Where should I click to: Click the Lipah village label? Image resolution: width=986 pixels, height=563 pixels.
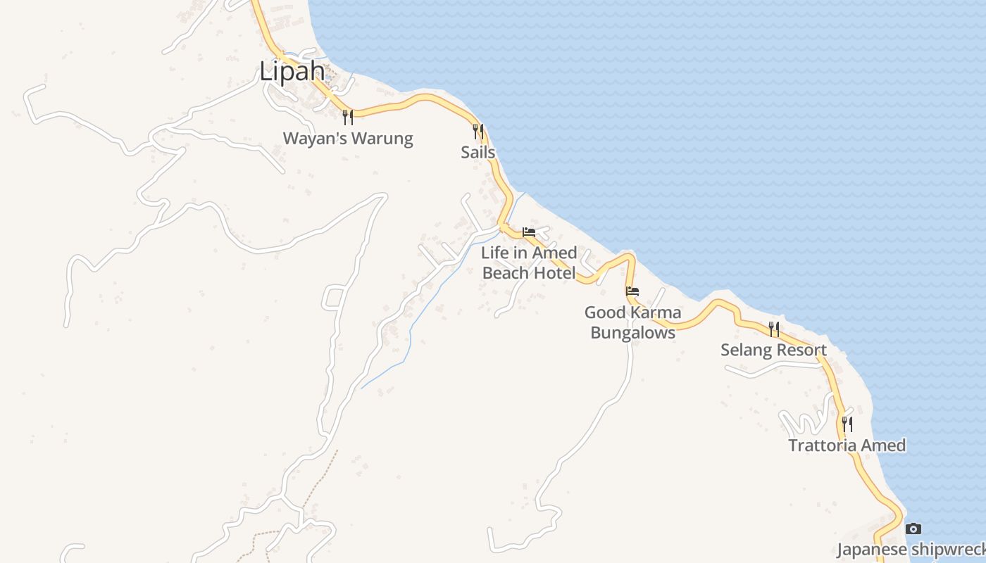click(292, 72)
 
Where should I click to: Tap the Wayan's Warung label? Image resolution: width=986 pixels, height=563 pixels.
click(348, 138)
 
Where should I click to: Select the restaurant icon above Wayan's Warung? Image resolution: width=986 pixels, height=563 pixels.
click(347, 117)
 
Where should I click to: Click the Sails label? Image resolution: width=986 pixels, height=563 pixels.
click(478, 152)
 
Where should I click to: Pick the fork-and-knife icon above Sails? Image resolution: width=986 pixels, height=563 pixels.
click(478, 131)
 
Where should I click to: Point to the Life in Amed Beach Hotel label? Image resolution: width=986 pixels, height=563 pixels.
click(529, 262)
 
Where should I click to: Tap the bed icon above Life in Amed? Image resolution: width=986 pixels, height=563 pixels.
click(529, 232)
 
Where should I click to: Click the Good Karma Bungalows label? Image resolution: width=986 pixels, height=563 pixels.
click(632, 322)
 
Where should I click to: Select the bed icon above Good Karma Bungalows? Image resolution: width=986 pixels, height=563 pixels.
click(632, 291)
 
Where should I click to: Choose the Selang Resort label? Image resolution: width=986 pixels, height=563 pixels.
click(773, 350)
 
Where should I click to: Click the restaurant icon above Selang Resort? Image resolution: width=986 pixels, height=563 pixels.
click(774, 329)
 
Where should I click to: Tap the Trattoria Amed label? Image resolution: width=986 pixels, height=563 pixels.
click(847, 445)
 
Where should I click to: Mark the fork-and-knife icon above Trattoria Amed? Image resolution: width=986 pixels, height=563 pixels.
click(847, 424)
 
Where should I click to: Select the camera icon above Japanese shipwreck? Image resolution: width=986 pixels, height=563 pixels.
click(913, 529)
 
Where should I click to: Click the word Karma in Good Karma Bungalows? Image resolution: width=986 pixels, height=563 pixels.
click(656, 312)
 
